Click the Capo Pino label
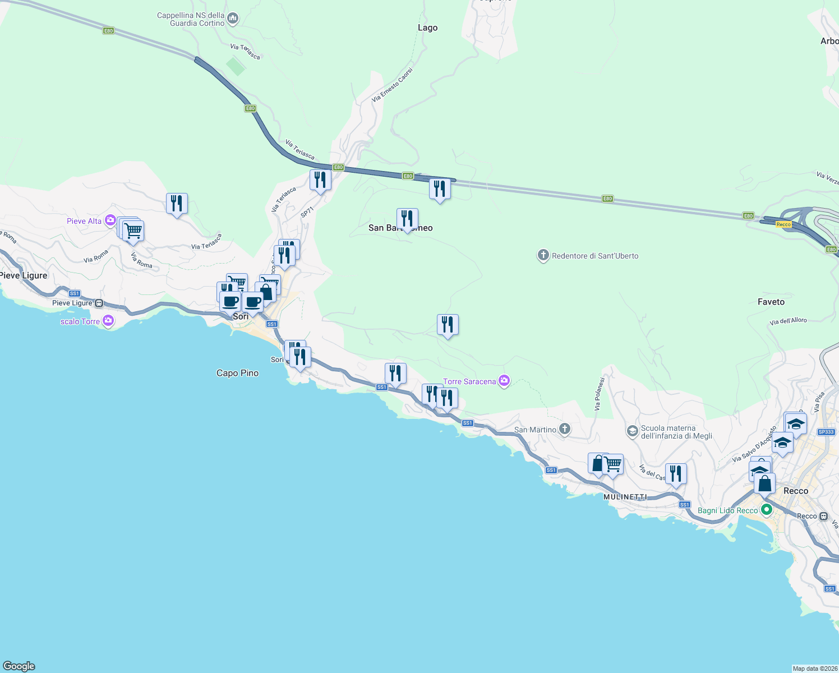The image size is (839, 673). click(x=237, y=373)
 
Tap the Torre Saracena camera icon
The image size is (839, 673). click(x=504, y=381)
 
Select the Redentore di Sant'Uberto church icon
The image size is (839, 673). click(x=543, y=256)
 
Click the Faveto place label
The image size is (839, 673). click(x=771, y=302)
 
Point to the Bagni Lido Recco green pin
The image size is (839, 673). click(x=766, y=510)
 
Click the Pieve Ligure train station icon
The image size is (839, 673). click(x=99, y=303)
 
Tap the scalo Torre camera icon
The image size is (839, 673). click(x=108, y=321)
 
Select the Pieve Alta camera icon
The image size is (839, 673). click(x=110, y=220)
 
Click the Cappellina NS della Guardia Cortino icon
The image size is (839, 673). click(x=233, y=19)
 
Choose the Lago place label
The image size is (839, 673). click(x=427, y=27)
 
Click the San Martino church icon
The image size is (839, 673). click(x=565, y=430)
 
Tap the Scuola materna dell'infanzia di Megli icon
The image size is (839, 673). click(x=632, y=431)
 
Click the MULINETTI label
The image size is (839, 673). click(x=625, y=497)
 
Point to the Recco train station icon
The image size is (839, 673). click(x=823, y=516)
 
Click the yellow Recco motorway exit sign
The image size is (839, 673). click(x=783, y=224)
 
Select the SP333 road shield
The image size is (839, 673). click(x=826, y=432)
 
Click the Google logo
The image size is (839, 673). click(x=19, y=666)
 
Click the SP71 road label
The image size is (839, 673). click(x=307, y=213)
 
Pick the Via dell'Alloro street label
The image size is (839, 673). click(x=788, y=321)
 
